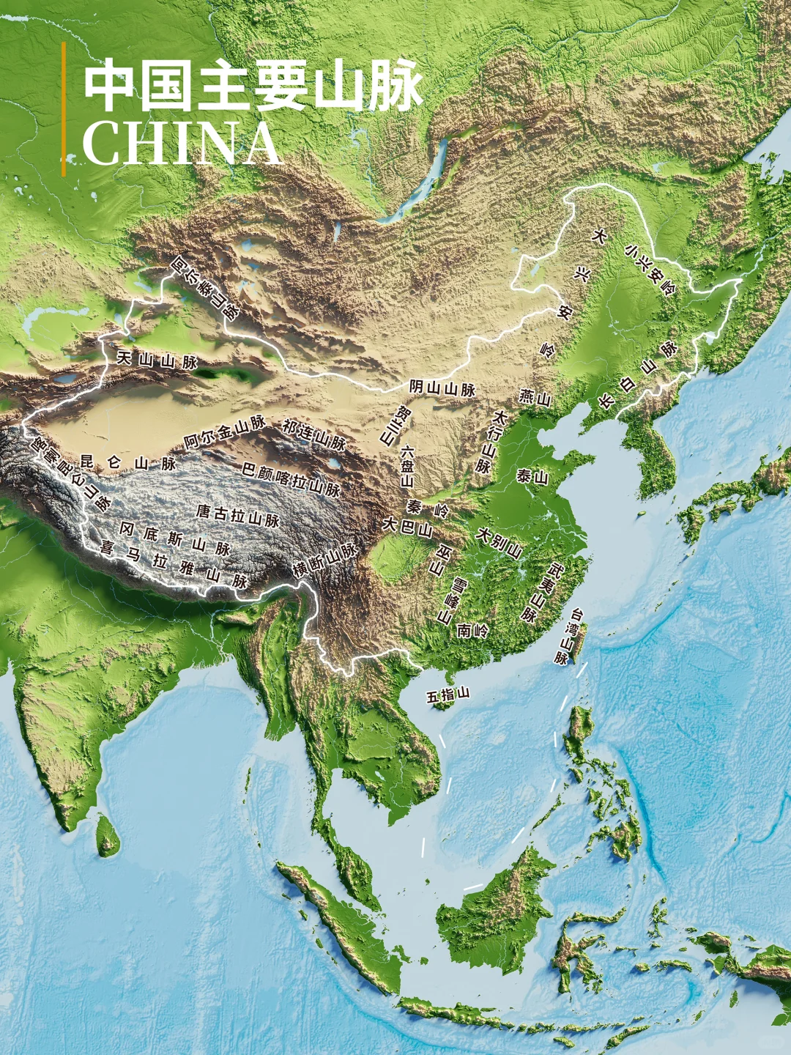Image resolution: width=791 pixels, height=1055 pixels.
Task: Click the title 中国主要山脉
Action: tap(253, 86)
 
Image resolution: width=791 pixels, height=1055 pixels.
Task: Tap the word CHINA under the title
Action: tap(181, 144)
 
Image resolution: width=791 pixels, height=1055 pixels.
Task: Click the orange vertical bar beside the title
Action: tap(64, 109)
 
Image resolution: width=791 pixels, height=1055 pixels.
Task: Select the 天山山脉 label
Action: tap(157, 360)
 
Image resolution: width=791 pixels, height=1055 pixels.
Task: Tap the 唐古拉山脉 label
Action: tap(238, 515)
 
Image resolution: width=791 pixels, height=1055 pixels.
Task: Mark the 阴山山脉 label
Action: tap(442, 388)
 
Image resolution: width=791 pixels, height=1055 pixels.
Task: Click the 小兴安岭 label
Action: tap(650, 270)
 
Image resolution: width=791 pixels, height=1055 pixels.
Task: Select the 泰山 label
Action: tap(532, 477)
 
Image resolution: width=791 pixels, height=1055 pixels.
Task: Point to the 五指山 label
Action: tap(448, 695)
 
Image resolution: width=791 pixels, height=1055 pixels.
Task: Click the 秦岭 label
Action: tap(428, 507)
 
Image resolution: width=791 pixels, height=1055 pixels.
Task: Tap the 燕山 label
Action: tap(535, 398)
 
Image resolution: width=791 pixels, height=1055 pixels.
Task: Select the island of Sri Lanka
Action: tap(108, 835)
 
